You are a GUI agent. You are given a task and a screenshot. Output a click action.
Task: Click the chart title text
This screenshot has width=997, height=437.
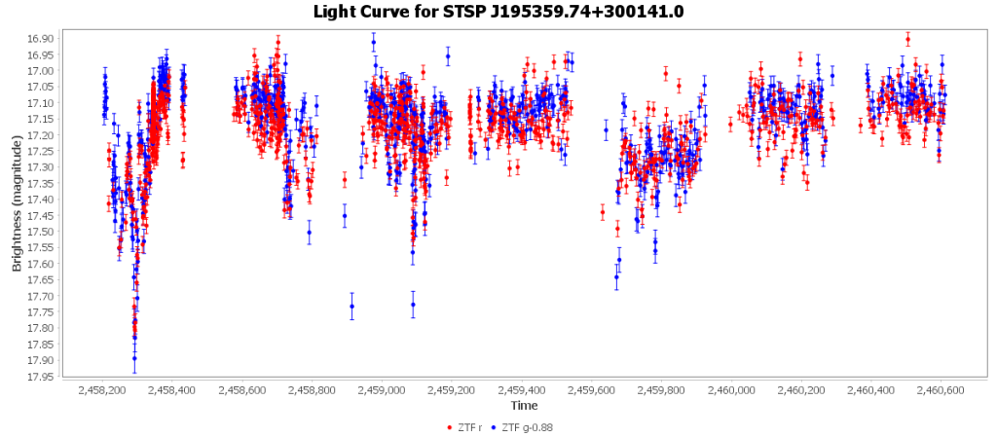pyautogui.click(x=498, y=12)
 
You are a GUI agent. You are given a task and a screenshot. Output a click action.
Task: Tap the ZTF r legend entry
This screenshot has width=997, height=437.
pyautogui.click(x=469, y=426)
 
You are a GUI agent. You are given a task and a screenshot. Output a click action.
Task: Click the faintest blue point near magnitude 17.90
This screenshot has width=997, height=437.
pyautogui.click(x=134, y=358)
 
